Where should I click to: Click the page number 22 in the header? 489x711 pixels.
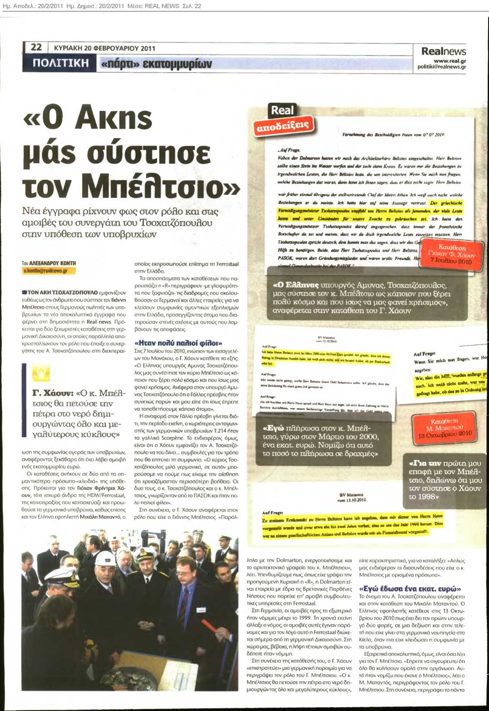[36, 47]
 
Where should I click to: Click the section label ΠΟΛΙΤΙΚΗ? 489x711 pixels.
[61, 63]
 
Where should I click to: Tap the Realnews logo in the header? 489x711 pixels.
[444, 51]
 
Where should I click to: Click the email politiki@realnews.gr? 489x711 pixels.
[442, 67]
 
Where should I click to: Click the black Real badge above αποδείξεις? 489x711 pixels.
[282, 110]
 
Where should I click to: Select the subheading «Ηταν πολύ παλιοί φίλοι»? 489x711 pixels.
[178, 343]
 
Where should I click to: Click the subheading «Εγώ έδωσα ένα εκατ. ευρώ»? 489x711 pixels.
[410, 589]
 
